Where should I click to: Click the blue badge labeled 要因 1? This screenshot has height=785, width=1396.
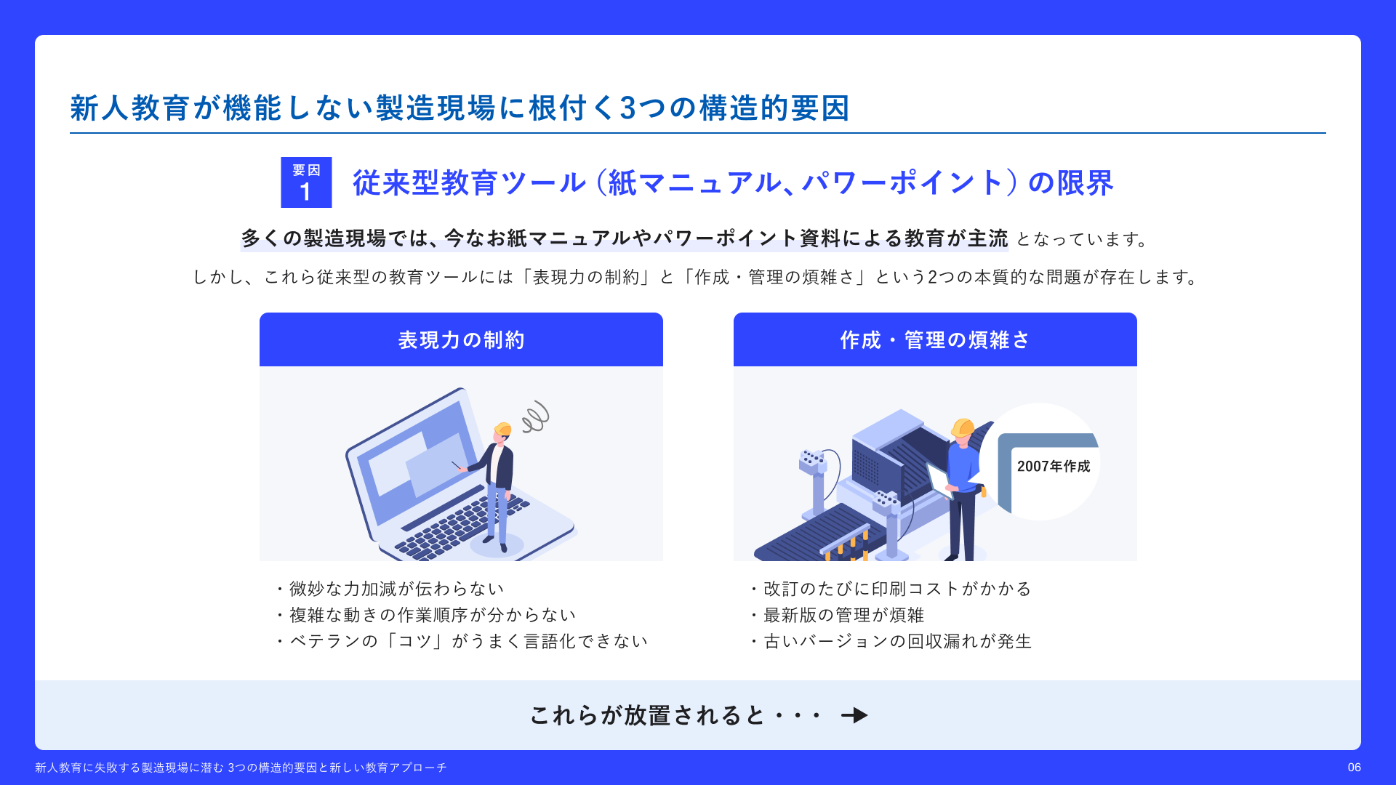306,182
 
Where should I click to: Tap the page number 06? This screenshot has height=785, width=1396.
1354,768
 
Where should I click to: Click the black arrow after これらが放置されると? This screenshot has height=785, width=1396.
854,715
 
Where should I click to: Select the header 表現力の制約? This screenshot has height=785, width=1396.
461,340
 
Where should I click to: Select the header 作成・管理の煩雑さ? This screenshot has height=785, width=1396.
935,340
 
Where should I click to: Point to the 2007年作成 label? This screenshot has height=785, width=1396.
1054,467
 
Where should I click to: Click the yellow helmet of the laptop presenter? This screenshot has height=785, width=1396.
502,429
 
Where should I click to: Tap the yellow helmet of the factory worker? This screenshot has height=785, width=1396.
962,427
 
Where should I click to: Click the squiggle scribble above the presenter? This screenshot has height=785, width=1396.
535,416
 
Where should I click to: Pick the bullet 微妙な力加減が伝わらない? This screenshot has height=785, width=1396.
390,589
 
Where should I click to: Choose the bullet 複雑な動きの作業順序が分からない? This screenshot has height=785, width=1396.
426,615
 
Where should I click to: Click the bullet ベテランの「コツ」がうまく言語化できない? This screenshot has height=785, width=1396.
462,641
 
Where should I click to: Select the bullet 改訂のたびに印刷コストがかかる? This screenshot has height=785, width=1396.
891,589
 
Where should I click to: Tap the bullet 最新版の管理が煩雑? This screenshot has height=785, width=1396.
837,615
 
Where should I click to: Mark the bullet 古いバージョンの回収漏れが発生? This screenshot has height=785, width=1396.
891,641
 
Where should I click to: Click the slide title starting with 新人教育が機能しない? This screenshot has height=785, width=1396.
460,108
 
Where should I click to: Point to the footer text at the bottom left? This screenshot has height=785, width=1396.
241,768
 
